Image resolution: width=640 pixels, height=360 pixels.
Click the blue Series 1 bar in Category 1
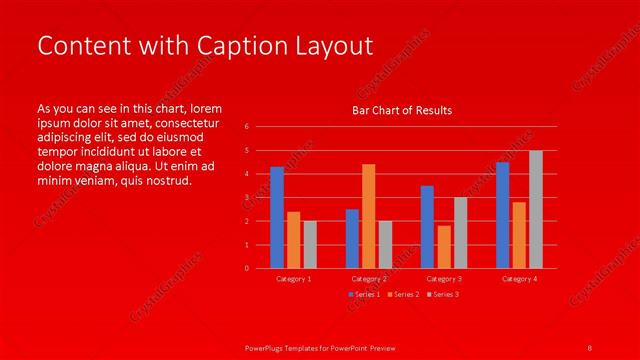point(277,217)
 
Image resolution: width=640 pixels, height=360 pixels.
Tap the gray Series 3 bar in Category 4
point(536,209)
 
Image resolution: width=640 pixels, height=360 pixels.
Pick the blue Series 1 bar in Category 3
point(427,227)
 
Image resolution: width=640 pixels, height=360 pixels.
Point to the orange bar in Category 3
point(444,247)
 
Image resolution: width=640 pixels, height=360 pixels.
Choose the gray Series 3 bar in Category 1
point(310,244)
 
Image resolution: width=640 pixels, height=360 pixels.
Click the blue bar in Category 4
point(502,215)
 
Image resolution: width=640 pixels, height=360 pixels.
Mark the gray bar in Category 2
point(385,244)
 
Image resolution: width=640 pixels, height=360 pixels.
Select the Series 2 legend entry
point(402,295)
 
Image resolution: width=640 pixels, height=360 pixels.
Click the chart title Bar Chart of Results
point(402,110)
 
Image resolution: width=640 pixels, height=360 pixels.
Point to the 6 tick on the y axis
point(247,127)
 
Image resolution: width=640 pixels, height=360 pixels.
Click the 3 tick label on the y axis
point(247,197)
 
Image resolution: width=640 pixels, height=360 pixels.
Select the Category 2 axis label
point(369,279)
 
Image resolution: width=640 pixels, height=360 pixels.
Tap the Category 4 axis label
point(519,279)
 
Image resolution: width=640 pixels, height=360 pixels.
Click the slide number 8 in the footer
point(590,346)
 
